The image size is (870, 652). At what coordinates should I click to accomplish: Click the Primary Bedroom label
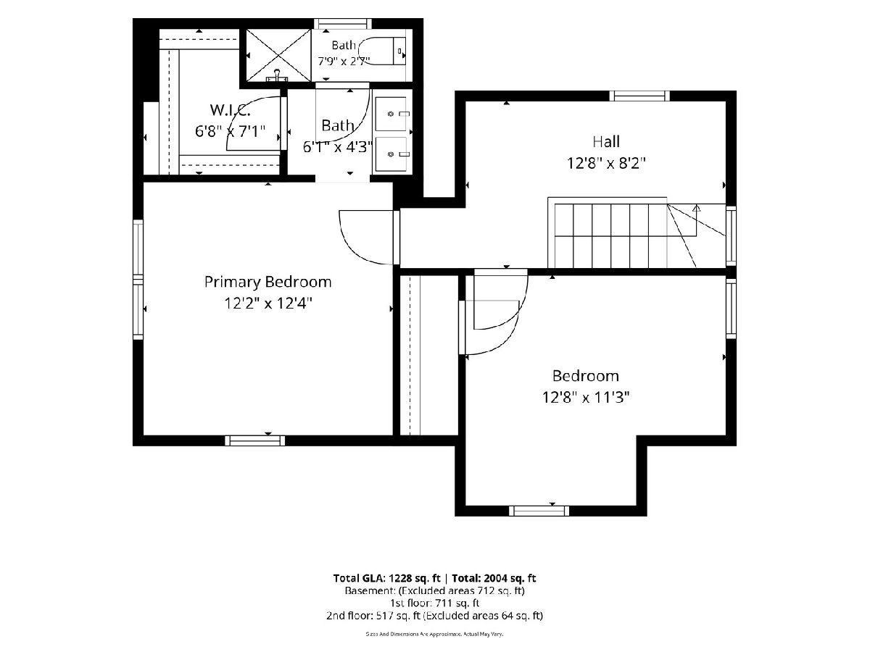tap(268, 282)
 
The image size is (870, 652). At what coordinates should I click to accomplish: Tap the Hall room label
tap(606, 141)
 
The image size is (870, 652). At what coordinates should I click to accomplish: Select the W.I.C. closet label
tap(230, 110)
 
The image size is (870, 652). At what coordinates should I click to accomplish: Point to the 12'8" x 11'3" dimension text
tap(586, 397)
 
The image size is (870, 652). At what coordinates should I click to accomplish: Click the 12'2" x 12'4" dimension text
tap(268, 304)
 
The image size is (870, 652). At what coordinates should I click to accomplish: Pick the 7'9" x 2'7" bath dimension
tap(344, 61)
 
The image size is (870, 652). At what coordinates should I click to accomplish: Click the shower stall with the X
tap(278, 55)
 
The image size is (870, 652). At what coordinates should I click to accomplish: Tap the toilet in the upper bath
tap(383, 51)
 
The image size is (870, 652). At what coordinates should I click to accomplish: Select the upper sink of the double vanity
tap(391, 114)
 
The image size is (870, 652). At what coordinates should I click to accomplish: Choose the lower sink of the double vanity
tap(391, 154)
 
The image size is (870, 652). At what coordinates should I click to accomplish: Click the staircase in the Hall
tap(637, 233)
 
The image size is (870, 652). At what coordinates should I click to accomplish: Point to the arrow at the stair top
tap(696, 207)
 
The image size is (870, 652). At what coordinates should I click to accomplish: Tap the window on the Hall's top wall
tap(639, 96)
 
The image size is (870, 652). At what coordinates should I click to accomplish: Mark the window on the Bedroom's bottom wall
tap(539, 511)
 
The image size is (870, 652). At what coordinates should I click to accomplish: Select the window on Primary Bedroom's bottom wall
tap(255, 440)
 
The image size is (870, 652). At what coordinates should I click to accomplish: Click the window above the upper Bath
tap(343, 24)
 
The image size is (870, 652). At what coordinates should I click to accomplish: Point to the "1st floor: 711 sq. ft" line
tap(435, 603)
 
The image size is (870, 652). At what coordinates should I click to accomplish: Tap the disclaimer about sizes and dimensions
tap(434, 634)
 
